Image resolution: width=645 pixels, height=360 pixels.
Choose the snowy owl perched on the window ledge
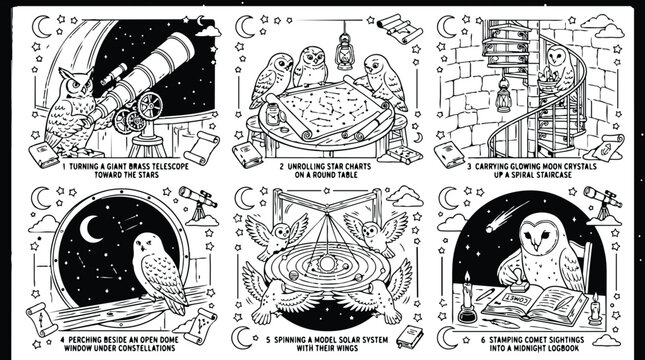click(161, 265)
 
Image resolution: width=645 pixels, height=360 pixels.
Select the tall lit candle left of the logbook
click(465, 290)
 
